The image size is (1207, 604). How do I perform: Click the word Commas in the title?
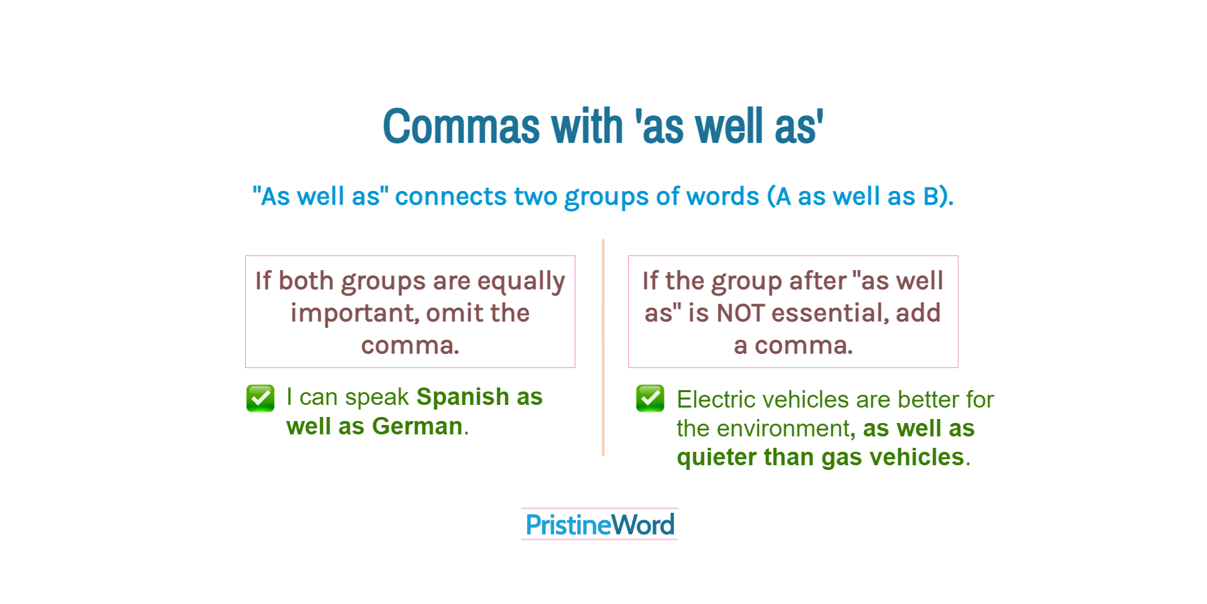tap(461, 126)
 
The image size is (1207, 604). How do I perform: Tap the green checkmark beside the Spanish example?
tap(260, 398)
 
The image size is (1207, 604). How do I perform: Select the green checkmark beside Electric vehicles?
tap(650, 398)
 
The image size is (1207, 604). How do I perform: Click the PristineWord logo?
tap(599, 524)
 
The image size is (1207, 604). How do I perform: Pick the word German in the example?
tap(417, 426)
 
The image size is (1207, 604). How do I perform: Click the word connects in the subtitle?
tap(451, 196)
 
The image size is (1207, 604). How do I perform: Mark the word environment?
tap(784, 428)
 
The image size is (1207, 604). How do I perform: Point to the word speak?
tap(377, 397)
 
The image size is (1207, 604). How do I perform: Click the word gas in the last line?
tap(841, 458)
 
